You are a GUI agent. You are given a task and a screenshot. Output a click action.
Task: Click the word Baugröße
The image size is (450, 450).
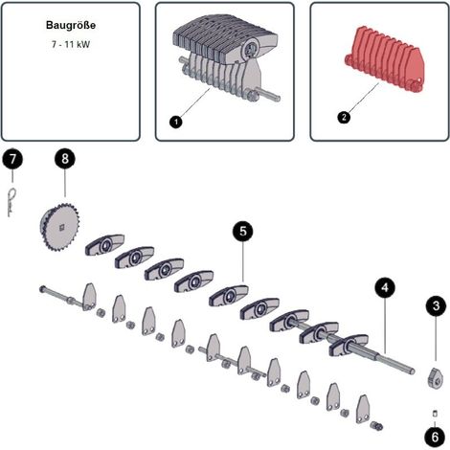click(71, 25)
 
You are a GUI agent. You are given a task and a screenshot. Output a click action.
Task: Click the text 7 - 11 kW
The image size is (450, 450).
click(71, 44)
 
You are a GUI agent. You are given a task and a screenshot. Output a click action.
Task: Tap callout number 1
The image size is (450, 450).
click(176, 122)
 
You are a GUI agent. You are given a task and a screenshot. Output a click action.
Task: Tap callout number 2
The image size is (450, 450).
click(344, 117)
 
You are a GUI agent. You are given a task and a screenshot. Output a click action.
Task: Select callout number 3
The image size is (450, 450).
click(436, 306)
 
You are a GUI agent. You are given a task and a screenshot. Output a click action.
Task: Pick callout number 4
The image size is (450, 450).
click(385, 288)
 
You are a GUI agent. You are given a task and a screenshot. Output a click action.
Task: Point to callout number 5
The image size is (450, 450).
click(243, 232)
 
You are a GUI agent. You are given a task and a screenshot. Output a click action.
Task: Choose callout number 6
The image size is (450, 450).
click(435, 437)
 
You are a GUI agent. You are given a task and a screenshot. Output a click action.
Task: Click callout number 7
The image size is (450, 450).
click(12, 159)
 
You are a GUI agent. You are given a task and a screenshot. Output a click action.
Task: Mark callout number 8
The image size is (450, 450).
click(65, 159)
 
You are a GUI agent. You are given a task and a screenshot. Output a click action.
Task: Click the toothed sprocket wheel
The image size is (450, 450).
click(60, 227)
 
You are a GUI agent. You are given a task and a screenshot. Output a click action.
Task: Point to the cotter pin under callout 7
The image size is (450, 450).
click(11, 202)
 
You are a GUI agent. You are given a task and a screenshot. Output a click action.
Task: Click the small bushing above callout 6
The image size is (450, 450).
click(435, 414)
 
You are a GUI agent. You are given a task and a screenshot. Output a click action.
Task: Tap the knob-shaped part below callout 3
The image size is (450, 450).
click(435, 378)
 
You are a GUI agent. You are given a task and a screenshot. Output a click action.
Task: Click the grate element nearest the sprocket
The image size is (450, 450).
click(104, 245)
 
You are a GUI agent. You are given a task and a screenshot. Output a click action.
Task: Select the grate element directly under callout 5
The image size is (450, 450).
click(229, 296)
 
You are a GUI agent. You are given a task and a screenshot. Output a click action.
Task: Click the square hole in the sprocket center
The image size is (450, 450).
click(62, 227)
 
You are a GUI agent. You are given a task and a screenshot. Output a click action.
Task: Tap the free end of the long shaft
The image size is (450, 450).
click(412, 371)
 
